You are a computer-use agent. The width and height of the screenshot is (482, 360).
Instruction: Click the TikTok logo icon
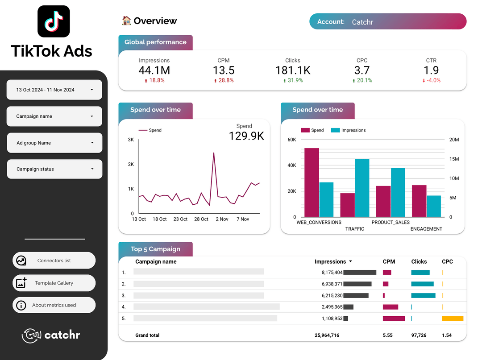(54, 21)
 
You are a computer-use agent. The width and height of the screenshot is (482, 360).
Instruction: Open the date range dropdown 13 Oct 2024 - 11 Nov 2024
(54, 90)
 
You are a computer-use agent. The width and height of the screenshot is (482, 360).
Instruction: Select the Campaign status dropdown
(54, 169)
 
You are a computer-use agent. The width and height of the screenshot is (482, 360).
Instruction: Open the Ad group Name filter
(54, 143)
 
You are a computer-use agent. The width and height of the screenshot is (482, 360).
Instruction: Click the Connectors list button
(54, 261)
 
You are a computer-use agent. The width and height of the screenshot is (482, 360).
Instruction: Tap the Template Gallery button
(54, 283)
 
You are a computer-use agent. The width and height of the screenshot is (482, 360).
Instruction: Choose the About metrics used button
(54, 305)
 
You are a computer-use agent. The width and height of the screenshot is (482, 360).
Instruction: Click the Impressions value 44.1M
(154, 70)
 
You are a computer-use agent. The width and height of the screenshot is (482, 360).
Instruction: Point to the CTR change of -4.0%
(431, 81)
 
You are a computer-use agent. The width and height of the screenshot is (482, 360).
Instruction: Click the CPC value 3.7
(362, 70)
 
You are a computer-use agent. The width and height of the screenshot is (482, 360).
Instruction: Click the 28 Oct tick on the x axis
(201, 219)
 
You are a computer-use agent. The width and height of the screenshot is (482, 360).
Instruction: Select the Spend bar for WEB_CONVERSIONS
(312, 182)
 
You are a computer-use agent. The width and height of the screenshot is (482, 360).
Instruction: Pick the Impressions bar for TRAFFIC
(362, 188)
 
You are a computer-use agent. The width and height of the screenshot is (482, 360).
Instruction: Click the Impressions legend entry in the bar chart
(353, 130)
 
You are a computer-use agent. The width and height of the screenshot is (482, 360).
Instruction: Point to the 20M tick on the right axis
(454, 140)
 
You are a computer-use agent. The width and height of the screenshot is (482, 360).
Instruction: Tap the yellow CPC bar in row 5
(453, 319)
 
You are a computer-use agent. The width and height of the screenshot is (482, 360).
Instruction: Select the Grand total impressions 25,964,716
(327, 335)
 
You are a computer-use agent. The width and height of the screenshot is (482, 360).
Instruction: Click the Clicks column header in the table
(419, 261)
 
